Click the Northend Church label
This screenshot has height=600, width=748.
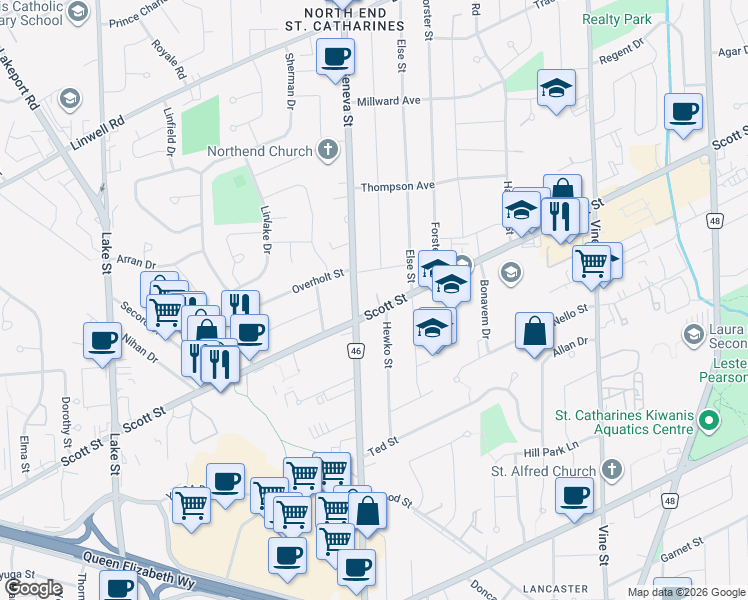click(x=258, y=152)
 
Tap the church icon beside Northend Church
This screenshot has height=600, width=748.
click(x=325, y=152)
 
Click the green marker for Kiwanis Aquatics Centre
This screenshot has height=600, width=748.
click(x=710, y=419)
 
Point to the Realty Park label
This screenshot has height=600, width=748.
click(x=619, y=19)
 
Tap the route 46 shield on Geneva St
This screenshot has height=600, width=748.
click(x=356, y=350)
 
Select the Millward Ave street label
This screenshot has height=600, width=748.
click(x=390, y=101)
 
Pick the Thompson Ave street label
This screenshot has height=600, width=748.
click(x=398, y=186)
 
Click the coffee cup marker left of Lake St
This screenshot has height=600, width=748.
click(x=102, y=340)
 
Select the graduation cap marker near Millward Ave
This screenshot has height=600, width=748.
click(x=555, y=87)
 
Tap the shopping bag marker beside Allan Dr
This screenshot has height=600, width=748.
click(x=535, y=331)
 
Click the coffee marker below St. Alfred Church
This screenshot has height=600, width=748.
click(x=574, y=496)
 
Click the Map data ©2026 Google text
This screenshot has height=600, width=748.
click(x=685, y=592)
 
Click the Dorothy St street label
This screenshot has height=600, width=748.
click(x=65, y=421)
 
